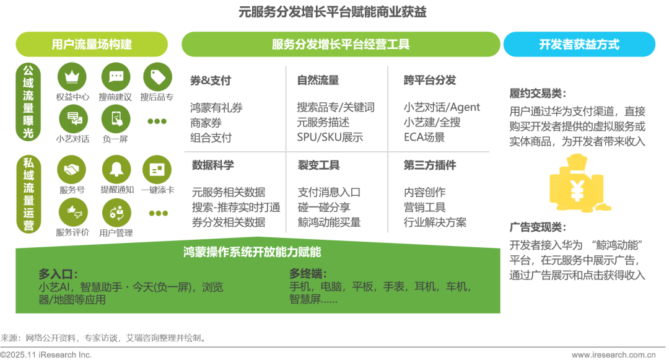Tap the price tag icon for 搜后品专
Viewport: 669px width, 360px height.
tap(158, 77)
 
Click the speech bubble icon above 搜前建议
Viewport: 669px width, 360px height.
tap(116, 77)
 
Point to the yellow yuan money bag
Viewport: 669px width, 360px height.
tap(576, 184)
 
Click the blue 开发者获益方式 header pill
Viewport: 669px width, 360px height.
tap(579, 45)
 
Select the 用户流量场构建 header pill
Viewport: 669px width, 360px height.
tap(92, 45)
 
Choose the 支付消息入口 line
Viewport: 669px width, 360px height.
tap(328, 193)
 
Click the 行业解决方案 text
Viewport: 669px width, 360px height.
tap(435, 222)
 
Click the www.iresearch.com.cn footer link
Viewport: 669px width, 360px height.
tap(613, 355)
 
